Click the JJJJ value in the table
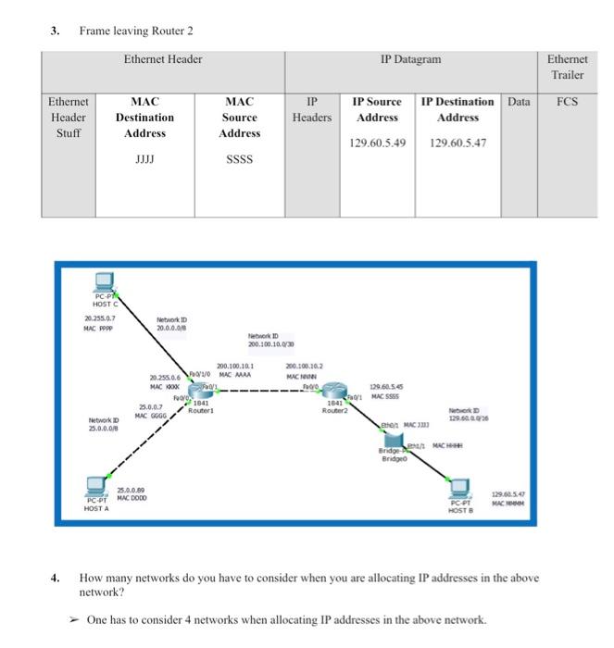(144, 158)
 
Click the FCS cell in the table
(567, 102)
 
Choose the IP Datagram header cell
(410, 60)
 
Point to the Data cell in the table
(519, 102)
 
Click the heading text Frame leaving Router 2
(136, 31)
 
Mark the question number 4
(55, 578)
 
